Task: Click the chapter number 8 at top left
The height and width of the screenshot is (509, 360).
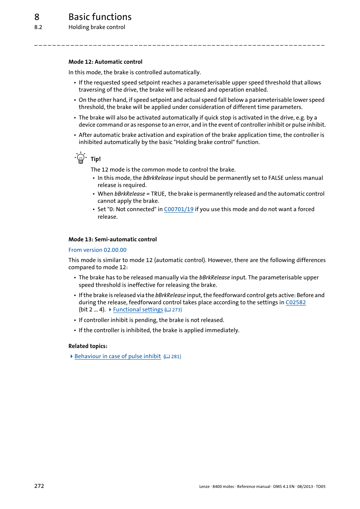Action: [37, 17]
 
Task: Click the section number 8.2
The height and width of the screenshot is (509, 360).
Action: [38, 27]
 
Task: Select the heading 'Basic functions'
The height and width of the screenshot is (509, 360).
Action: [100, 17]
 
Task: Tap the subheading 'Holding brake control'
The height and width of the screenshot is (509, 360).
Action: [97, 27]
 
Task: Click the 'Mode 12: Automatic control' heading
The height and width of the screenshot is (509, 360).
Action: [105, 62]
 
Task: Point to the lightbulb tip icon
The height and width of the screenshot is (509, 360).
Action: [80, 158]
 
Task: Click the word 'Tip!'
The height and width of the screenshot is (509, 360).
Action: [95, 159]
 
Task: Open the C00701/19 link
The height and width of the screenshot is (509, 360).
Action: [178, 209]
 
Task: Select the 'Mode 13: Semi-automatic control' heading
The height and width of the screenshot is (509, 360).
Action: [112, 239]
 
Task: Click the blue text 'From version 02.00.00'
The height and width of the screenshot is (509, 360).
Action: [97, 250]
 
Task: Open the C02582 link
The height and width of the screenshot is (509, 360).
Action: [295, 302]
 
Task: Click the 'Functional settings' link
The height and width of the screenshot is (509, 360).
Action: [138, 310]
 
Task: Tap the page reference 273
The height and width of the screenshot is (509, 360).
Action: [176, 310]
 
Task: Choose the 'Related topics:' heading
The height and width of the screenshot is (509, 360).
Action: [88, 346]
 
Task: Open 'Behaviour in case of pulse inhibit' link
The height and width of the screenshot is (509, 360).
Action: [117, 356]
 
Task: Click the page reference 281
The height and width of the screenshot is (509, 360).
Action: [175, 357]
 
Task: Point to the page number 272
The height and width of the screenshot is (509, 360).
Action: [39, 486]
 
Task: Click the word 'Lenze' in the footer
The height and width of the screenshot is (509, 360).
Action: [204, 487]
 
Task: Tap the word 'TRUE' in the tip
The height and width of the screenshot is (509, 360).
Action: [158, 194]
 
